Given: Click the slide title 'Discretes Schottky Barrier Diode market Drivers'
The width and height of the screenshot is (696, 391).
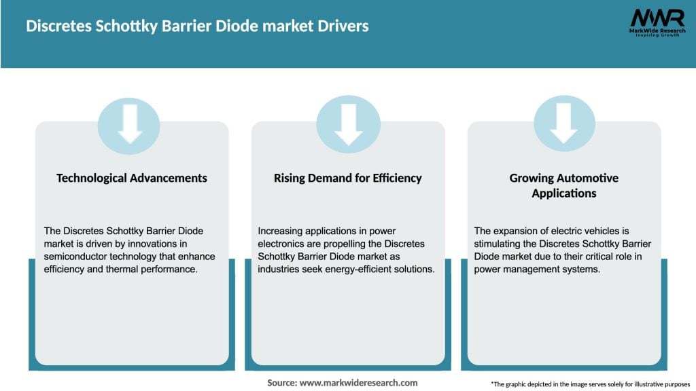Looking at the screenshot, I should (197, 26).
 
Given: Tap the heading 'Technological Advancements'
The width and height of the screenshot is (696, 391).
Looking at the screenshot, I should (132, 178).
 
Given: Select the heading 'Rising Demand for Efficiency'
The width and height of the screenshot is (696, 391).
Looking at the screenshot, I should (348, 178).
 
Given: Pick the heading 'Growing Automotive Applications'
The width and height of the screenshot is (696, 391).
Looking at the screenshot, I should (564, 185).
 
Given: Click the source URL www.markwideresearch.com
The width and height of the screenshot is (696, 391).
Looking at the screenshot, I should (358, 383).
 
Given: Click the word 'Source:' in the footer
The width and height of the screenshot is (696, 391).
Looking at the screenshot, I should (282, 383).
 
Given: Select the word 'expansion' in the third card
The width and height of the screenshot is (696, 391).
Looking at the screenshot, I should (517, 231).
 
